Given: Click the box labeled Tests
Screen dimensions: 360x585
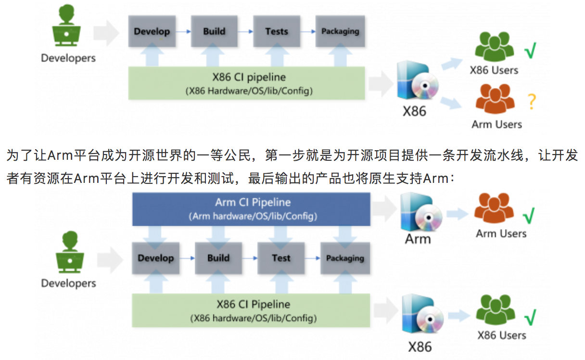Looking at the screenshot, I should pyautogui.click(x=276, y=31).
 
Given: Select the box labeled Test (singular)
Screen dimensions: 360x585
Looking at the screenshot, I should pyautogui.click(x=281, y=258).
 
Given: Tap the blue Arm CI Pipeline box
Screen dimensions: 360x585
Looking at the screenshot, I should pyautogui.click(x=252, y=209).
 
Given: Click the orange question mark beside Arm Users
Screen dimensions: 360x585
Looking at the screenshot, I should pyautogui.click(x=531, y=102).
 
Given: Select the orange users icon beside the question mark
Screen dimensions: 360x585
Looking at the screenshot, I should pyautogui.click(x=496, y=99).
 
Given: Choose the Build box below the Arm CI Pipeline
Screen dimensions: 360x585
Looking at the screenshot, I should pyautogui.click(x=218, y=258).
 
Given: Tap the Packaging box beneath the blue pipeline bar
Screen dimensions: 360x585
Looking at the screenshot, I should pyautogui.click(x=345, y=258).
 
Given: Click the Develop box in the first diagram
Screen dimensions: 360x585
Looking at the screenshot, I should pyautogui.click(x=152, y=31).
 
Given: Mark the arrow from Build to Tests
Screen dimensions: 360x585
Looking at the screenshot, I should pyautogui.click(x=245, y=31).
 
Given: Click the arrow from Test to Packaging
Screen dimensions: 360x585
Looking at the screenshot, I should pyautogui.click(x=312, y=258).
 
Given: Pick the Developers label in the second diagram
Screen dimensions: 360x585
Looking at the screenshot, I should pyautogui.click(x=68, y=283).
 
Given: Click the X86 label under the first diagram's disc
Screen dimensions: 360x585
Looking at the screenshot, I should pyautogui.click(x=414, y=111).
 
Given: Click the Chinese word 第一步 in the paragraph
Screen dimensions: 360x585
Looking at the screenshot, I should pyautogui.click(x=284, y=156).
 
